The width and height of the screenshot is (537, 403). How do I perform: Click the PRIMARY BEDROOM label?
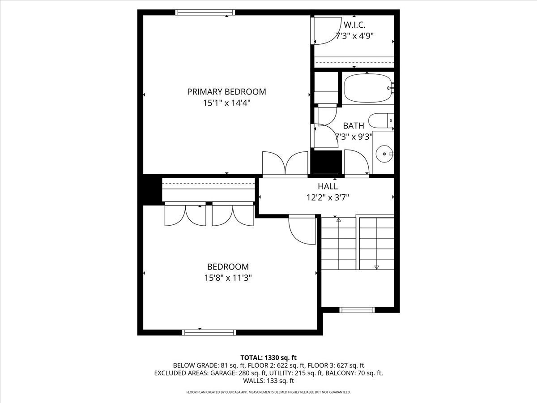(226, 92)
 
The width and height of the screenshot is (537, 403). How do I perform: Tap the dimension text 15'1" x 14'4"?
(227, 103)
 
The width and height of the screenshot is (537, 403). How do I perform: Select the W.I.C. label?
(354, 25)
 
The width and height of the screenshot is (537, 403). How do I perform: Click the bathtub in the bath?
(368, 88)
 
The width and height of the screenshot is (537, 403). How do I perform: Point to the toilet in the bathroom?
(381, 120)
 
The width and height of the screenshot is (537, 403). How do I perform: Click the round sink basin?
(384, 154)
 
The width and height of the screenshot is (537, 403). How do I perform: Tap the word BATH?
(354, 126)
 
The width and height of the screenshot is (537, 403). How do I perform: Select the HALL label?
(328, 186)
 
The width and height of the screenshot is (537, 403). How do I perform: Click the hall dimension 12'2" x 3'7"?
(328, 197)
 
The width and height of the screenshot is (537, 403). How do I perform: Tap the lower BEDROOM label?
(228, 267)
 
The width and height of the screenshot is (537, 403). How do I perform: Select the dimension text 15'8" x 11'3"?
(228, 278)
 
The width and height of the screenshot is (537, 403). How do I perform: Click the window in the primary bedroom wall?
(205, 12)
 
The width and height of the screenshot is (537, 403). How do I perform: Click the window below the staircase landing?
(357, 310)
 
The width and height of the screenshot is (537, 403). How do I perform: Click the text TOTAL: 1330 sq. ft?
(268, 358)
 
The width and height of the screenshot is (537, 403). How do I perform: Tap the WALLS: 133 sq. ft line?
(268, 381)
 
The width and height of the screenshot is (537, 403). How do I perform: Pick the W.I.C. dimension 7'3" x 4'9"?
(354, 36)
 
